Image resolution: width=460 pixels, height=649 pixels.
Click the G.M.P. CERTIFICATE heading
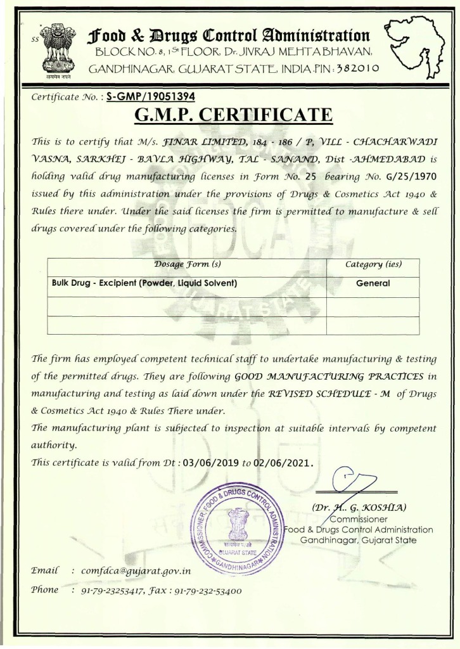pos(234,116)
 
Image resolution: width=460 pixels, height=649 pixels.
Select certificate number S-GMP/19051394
pos(151,97)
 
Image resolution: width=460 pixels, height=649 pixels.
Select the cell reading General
pos(373,284)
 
